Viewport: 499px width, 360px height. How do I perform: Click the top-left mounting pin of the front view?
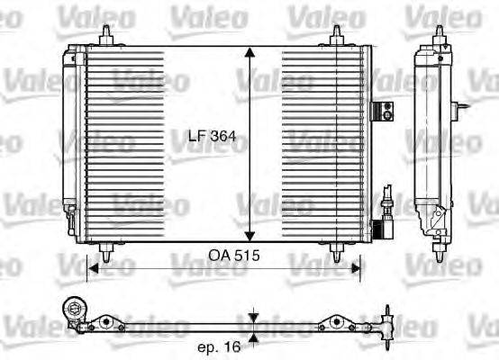tap(108, 34)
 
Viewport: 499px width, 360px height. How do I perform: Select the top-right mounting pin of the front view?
tap(336, 34)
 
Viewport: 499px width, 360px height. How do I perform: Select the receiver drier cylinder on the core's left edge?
tap(69, 126)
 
